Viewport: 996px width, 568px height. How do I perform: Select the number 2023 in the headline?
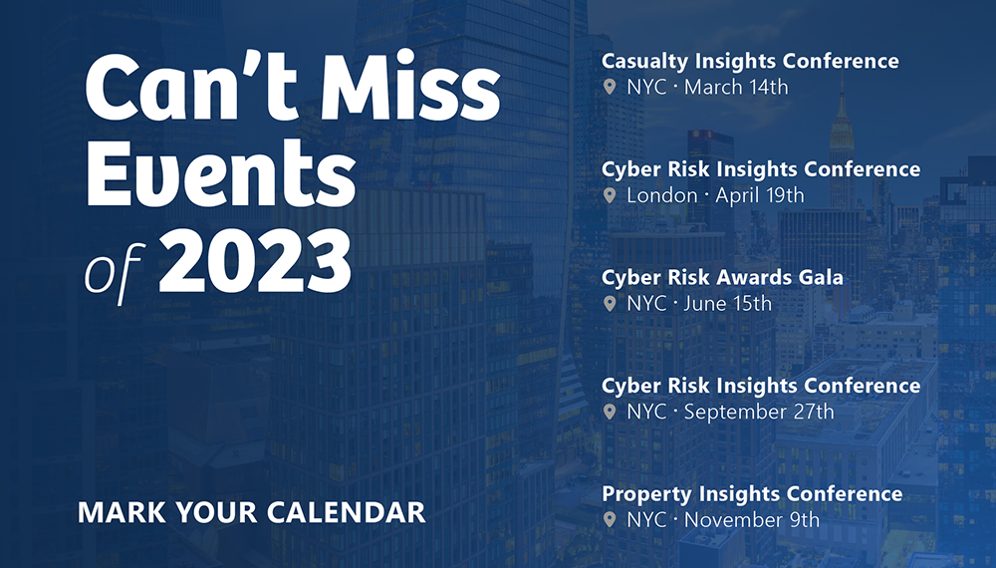click(x=255, y=262)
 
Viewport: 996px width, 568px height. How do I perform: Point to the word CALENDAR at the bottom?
click(x=347, y=513)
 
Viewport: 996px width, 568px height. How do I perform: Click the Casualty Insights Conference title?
click(x=750, y=61)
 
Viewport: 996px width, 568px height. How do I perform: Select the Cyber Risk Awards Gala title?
click(x=722, y=278)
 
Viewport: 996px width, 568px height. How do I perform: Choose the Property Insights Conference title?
click(x=752, y=493)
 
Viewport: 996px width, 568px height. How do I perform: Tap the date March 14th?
click(x=736, y=87)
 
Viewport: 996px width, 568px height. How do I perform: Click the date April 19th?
click(x=760, y=195)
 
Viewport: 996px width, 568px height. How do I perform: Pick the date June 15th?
click(x=728, y=304)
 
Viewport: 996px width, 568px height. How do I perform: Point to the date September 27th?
click(x=759, y=412)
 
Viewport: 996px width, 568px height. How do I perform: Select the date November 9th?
click(x=752, y=520)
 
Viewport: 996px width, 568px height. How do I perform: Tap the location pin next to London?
click(x=610, y=195)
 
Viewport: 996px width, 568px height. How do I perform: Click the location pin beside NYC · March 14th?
click(x=610, y=87)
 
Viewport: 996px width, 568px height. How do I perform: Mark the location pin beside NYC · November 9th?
click(x=610, y=520)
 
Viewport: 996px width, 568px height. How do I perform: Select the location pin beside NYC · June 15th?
click(x=610, y=304)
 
